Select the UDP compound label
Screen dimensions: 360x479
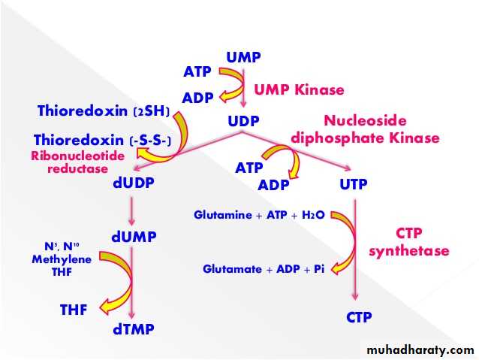243,120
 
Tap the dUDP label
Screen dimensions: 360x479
131,182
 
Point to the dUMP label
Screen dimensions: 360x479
134,237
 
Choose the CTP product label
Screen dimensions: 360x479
359,317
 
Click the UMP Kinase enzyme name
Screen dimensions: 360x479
299,90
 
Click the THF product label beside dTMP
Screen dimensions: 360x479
74,309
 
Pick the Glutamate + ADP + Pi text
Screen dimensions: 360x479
260,268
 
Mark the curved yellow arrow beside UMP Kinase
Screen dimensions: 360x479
239,85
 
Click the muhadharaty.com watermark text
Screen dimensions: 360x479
421,350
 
